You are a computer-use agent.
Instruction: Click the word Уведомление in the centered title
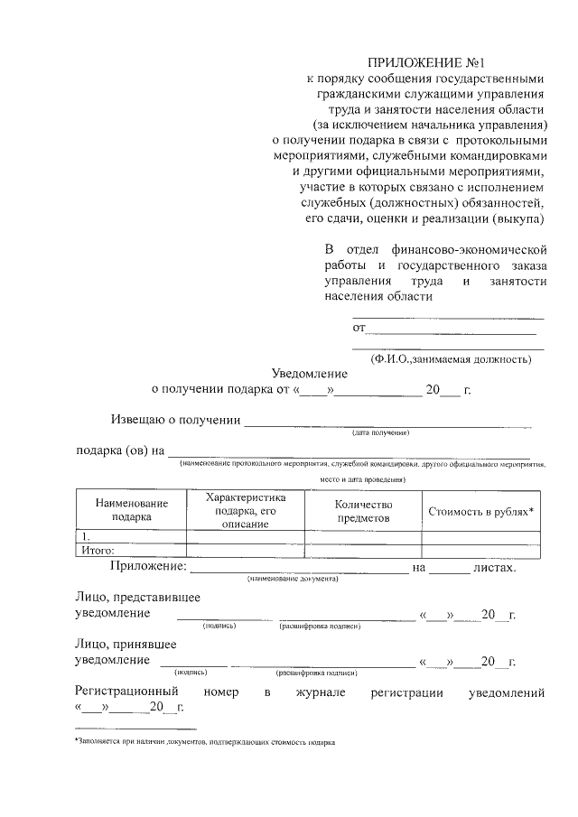[310, 373]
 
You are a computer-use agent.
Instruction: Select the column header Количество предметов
[362, 511]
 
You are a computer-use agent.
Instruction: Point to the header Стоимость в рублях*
[480, 511]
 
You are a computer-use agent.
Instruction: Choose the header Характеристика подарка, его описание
[245, 510]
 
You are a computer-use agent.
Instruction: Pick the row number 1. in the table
[86, 536]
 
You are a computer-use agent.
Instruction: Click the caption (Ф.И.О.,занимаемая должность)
[450, 358]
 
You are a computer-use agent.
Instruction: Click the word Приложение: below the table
[148, 567]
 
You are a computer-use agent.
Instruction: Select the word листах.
[495, 567]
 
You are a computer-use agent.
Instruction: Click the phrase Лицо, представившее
[136, 598]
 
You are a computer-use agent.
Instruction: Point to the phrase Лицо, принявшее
[125, 645]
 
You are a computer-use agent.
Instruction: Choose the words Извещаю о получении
[175, 420]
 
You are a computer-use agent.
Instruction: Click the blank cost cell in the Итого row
[480, 549]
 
